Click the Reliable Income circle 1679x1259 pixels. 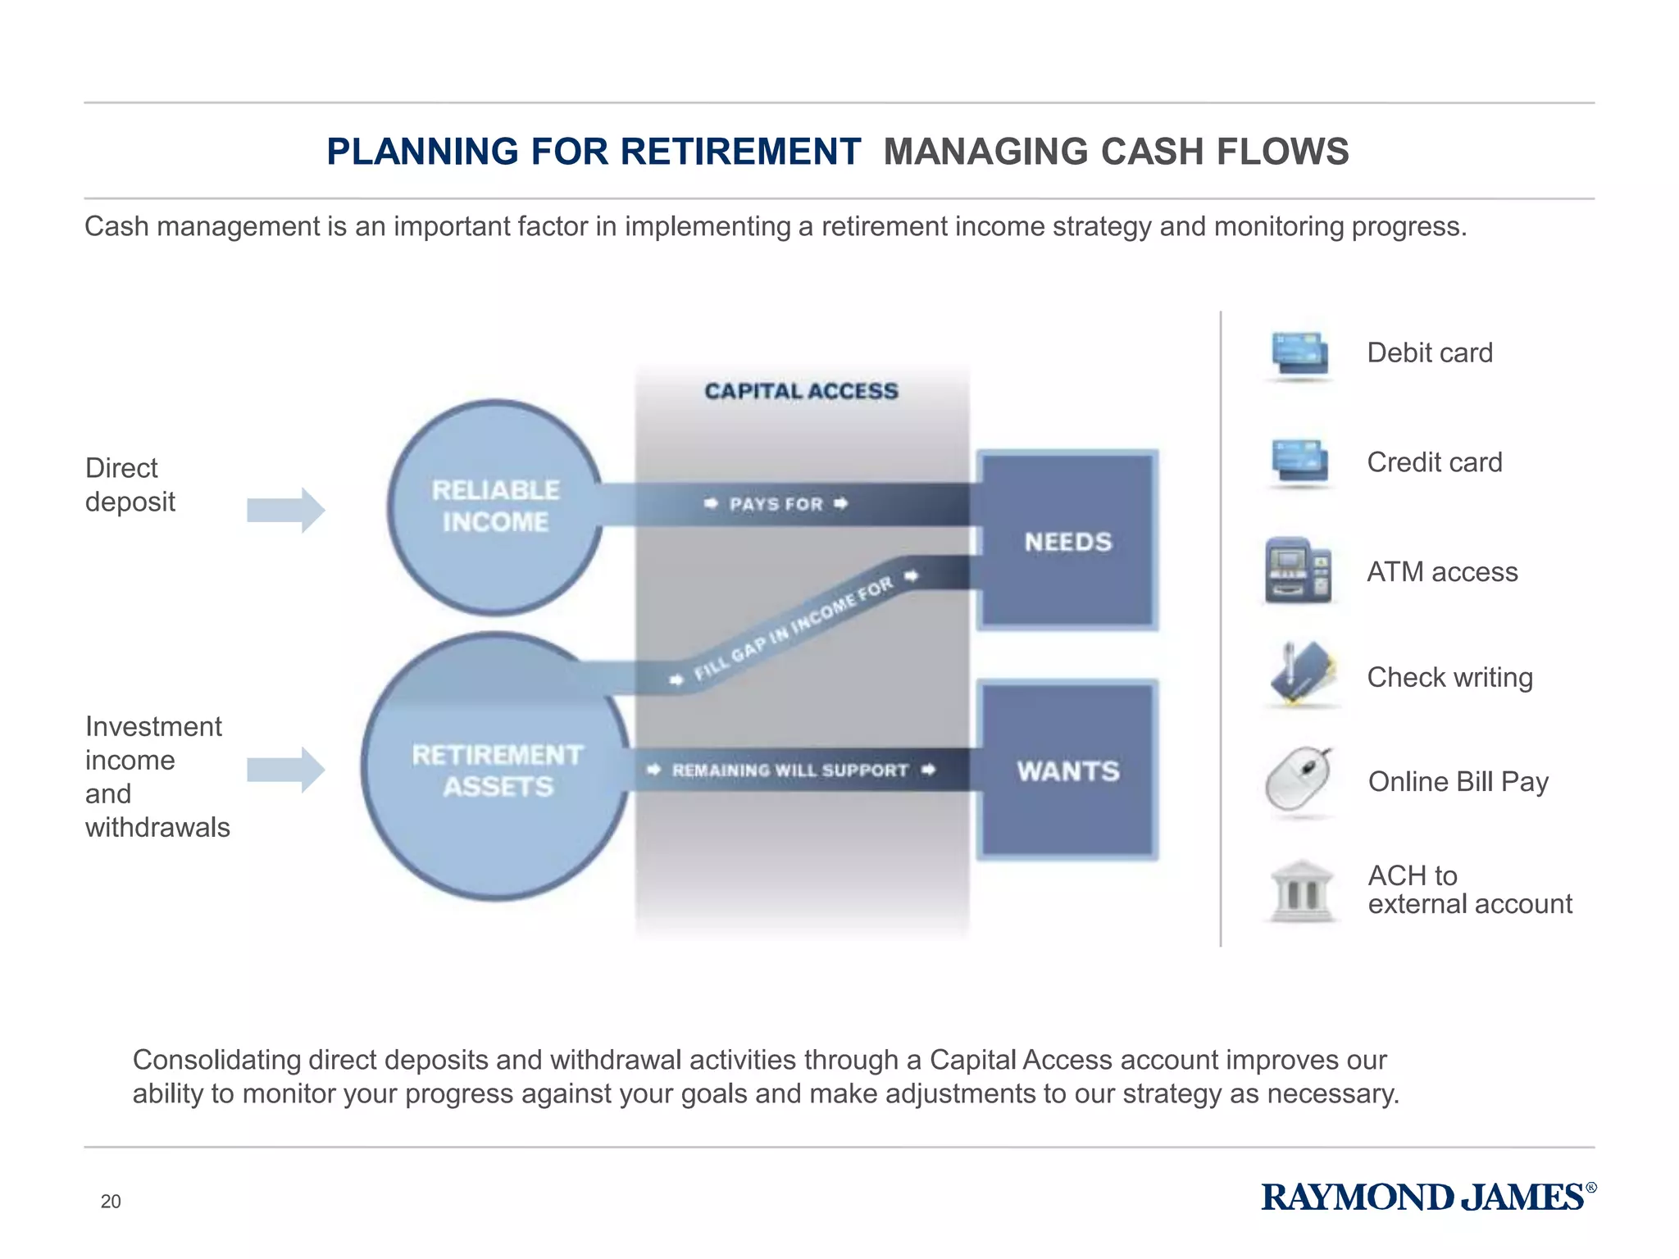[495, 507]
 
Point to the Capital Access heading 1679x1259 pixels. [801, 391]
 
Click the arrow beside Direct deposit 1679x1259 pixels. [286, 510]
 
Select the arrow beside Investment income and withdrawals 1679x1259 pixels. [286, 769]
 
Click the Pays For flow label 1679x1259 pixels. [776, 504]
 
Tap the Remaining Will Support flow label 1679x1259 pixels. [790, 770]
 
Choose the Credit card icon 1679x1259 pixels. [1299, 462]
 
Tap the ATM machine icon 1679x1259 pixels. [1298, 570]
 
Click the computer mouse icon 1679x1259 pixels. [1299, 779]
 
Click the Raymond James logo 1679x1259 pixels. [1427, 1198]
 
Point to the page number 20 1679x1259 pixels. [111, 1202]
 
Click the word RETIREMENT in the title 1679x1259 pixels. [739, 152]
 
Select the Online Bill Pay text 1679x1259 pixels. [1458, 782]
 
